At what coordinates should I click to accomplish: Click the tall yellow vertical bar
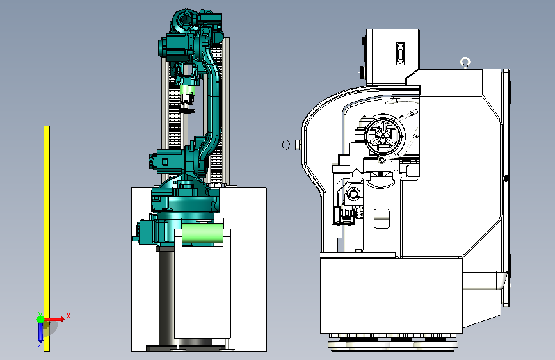[47, 238]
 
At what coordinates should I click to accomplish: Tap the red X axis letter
[68, 316]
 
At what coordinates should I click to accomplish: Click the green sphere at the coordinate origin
[41, 319]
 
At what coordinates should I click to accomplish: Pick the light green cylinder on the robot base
[202, 233]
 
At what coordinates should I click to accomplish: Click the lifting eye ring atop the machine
[465, 62]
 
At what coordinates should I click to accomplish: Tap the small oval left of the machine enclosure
[286, 144]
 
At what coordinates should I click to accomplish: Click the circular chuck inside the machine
[383, 135]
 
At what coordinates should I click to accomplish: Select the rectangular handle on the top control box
[400, 54]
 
